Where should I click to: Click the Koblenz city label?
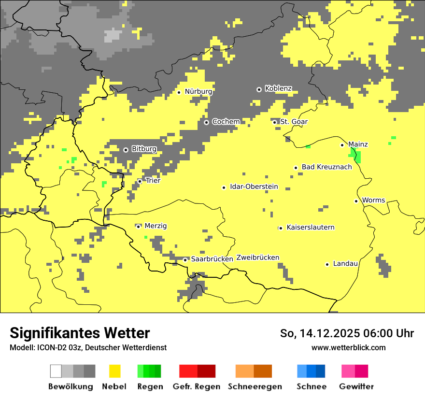(x=278, y=88)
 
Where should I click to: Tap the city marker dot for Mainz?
(x=342, y=145)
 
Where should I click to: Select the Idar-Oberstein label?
(x=254, y=186)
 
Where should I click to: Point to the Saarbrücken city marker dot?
(x=185, y=260)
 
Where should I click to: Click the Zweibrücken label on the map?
(x=257, y=258)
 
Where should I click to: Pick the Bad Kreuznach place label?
(x=326, y=167)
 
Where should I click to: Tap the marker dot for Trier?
(x=140, y=181)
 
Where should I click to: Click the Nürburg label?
(x=198, y=91)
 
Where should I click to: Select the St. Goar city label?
(x=294, y=122)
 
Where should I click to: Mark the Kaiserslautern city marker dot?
(x=281, y=228)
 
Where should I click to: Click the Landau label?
(x=345, y=264)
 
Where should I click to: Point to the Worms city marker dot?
(x=356, y=201)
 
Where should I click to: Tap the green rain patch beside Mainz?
(x=356, y=156)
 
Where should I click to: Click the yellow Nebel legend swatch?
(x=115, y=371)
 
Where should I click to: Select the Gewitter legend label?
(x=356, y=387)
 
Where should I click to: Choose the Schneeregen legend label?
(x=255, y=387)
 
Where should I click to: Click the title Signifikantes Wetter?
(x=80, y=333)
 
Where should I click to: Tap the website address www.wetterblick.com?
(x=348, y=347)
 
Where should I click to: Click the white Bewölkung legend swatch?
(x=56, y=371)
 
